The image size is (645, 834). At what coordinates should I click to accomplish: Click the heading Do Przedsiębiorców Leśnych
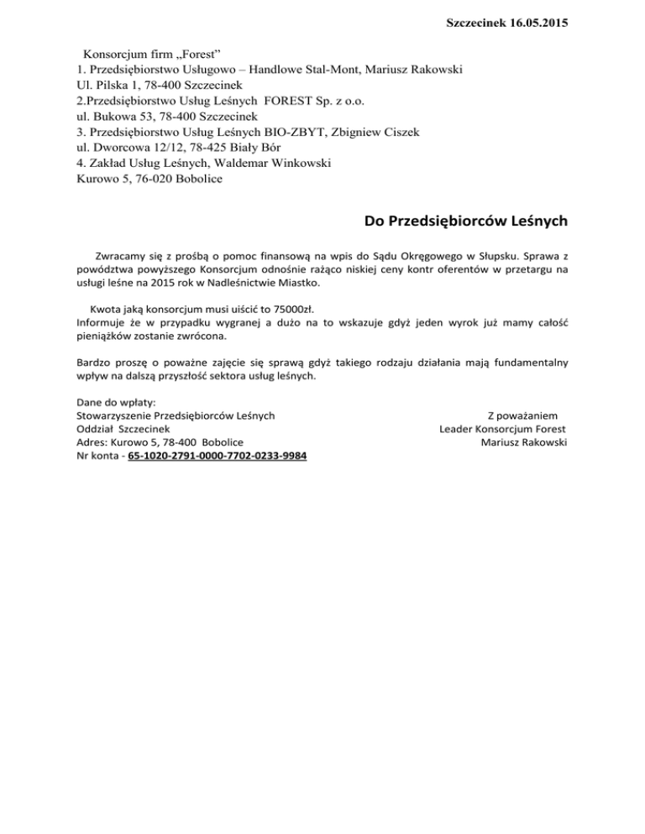pos(466,222)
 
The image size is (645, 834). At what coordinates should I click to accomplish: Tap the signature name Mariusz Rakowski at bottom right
pos(522,442)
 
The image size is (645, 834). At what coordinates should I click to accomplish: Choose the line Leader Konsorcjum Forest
pos(503,428)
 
